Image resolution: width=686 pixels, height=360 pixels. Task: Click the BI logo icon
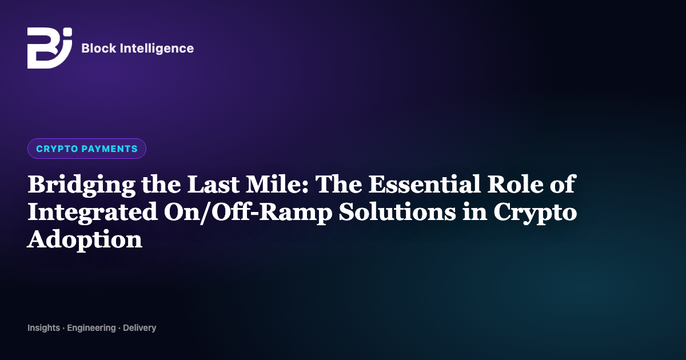click(x=50, y=48)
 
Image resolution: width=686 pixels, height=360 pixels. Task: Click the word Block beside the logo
click(x=98, y=49)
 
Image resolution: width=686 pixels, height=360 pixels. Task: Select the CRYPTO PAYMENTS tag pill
click(x=87, y=149)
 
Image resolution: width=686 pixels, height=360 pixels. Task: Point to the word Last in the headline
click(x=213, y=184)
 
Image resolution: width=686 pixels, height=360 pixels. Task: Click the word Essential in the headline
click(x=424, y=184)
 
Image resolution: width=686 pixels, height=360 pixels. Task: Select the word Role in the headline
click(x=516, y=184)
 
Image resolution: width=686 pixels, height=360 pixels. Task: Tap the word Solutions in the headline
click(x=397, y=211)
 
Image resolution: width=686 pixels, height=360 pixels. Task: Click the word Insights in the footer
click(x=44, y=328)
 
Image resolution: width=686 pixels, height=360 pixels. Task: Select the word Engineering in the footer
click(x=91, y=328)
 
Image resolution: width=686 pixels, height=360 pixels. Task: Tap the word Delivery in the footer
click(x=139, y=328)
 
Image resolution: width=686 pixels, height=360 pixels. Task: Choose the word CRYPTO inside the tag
click(x=57, y=149)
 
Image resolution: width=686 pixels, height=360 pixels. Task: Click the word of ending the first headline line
click(x=563, y=183)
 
